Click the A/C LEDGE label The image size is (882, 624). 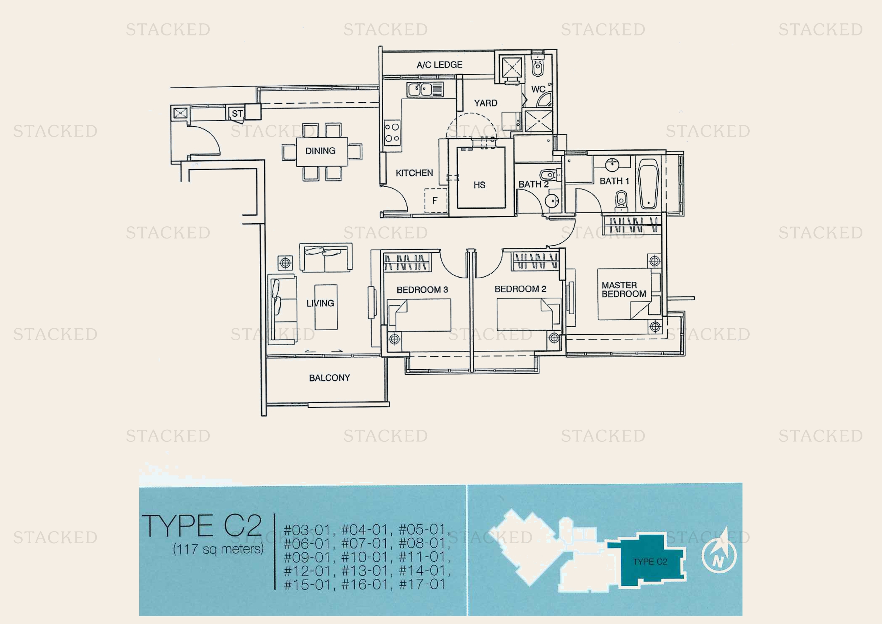(439, 65)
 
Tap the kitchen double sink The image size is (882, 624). (425, 89)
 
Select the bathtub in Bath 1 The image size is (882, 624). (648, 184)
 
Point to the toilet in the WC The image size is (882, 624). (537, 68)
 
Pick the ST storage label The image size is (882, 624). (237, 113)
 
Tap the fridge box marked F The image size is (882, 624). (436, 201)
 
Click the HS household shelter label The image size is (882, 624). (479, 185)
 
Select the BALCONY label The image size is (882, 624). (330, 378)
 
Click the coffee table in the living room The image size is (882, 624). (326, 307)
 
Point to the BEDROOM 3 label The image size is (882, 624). (422, 290)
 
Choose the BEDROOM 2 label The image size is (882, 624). (520, 289)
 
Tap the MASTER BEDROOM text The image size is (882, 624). (624, 290)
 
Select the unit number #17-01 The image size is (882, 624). (422, 584)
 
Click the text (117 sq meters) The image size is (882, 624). (218, 549)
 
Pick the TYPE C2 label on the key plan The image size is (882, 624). (650, 562)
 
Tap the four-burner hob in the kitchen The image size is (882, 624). (392, 132)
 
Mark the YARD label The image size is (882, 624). (486, 103)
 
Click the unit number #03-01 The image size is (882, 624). (307, 530)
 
